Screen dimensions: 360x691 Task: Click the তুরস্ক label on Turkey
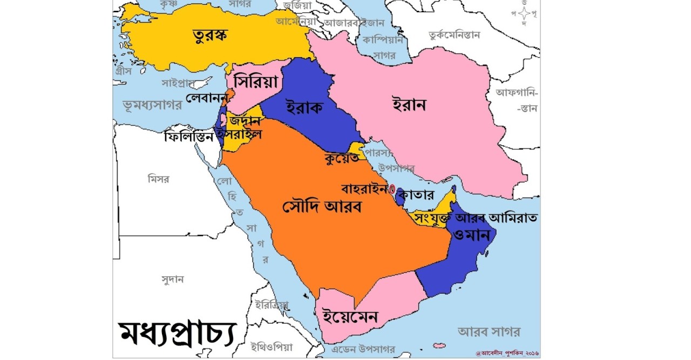click(x=210, y=36)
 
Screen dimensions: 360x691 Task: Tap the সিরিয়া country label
click(x=255, y=83)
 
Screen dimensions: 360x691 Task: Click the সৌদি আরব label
click(x=322, y=206)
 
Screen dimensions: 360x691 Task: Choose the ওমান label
click(x=471, y=235)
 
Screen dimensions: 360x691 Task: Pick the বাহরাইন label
click(x=364, y=189)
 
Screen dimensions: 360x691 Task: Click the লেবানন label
click(x=206, y=98)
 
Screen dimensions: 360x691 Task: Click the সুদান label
click(x=173, y=279)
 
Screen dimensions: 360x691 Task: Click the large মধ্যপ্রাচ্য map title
click(x=177, y=333)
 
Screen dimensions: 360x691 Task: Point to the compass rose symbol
click(x=523, y=15)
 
